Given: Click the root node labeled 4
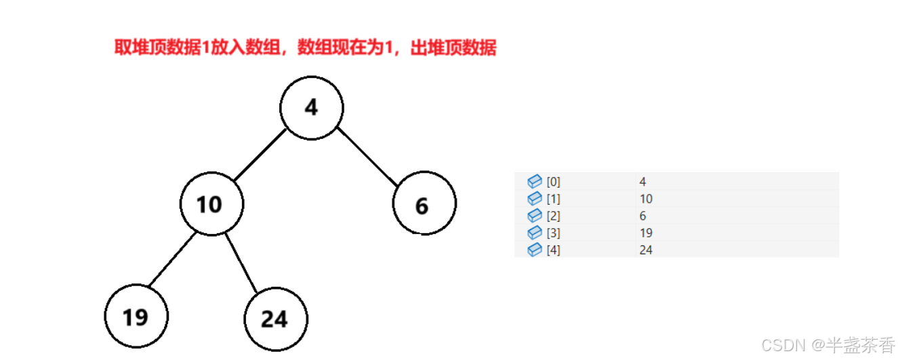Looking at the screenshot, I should click(x=312, y=108).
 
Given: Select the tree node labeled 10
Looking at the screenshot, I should click(x=211, y=203).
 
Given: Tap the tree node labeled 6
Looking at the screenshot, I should click(x=424, y=203).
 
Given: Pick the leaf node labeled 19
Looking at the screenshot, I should click(x=136, y=316).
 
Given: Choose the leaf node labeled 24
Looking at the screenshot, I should click(x=276, y=319).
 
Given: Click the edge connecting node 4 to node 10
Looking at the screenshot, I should click(x=260, y=154).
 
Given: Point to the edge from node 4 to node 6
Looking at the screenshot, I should click(x=367, y=155).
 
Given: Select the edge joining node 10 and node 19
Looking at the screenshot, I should click(x=172, y=259).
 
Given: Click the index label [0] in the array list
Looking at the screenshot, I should click(x=553, y=182).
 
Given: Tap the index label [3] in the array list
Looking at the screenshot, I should click(x=553, y=233).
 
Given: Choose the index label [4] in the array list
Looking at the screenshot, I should click(x=553, y=250).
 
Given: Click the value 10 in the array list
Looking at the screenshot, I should click(x=645, y=199).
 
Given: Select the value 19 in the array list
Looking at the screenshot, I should click(x=645, y=233).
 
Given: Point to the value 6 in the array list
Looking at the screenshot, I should click(x=642, y=216).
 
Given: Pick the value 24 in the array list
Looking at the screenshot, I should click(x=645, y=250).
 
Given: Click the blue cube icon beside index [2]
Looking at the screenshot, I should click(x=535, y=216).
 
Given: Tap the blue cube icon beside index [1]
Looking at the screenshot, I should click(x=535, y=199).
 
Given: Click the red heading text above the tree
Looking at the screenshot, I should click(x=305, y=49).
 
